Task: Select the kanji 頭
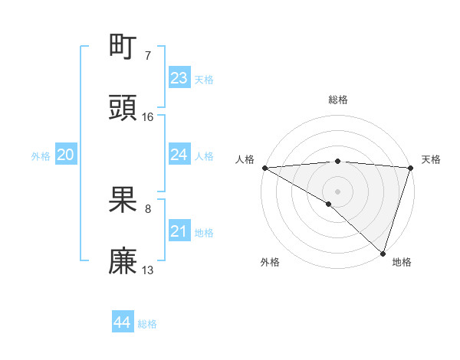[123, 108]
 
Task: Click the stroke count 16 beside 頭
[148, 116]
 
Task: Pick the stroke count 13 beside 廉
[148, 270]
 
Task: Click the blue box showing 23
[179, 78]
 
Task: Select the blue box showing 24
[179, 155]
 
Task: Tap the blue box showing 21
[179, 231]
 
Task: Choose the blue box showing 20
[65, 155]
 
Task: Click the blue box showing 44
[122, 322]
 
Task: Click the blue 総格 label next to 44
[147, 324]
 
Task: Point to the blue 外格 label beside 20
[41, 156]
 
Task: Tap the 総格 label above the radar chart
[337, 100]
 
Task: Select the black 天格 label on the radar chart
[431, 159]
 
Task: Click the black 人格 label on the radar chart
[245, 159]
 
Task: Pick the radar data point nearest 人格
[264, 167]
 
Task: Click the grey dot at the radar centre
[337, 191]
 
